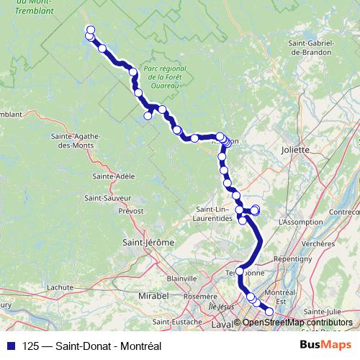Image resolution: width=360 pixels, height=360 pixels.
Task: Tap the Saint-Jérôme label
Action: (x=149, y=243)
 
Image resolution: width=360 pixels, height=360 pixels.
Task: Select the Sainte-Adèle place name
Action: (x=109, y=176)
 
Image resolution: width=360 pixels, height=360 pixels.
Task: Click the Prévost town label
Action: (x=131, y=212)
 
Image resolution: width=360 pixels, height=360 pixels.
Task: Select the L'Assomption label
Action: (x=299, y=222)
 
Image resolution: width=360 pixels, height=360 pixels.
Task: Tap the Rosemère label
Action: (x=200, y=296)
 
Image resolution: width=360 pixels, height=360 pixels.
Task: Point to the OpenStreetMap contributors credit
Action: (x=297, y=323)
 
